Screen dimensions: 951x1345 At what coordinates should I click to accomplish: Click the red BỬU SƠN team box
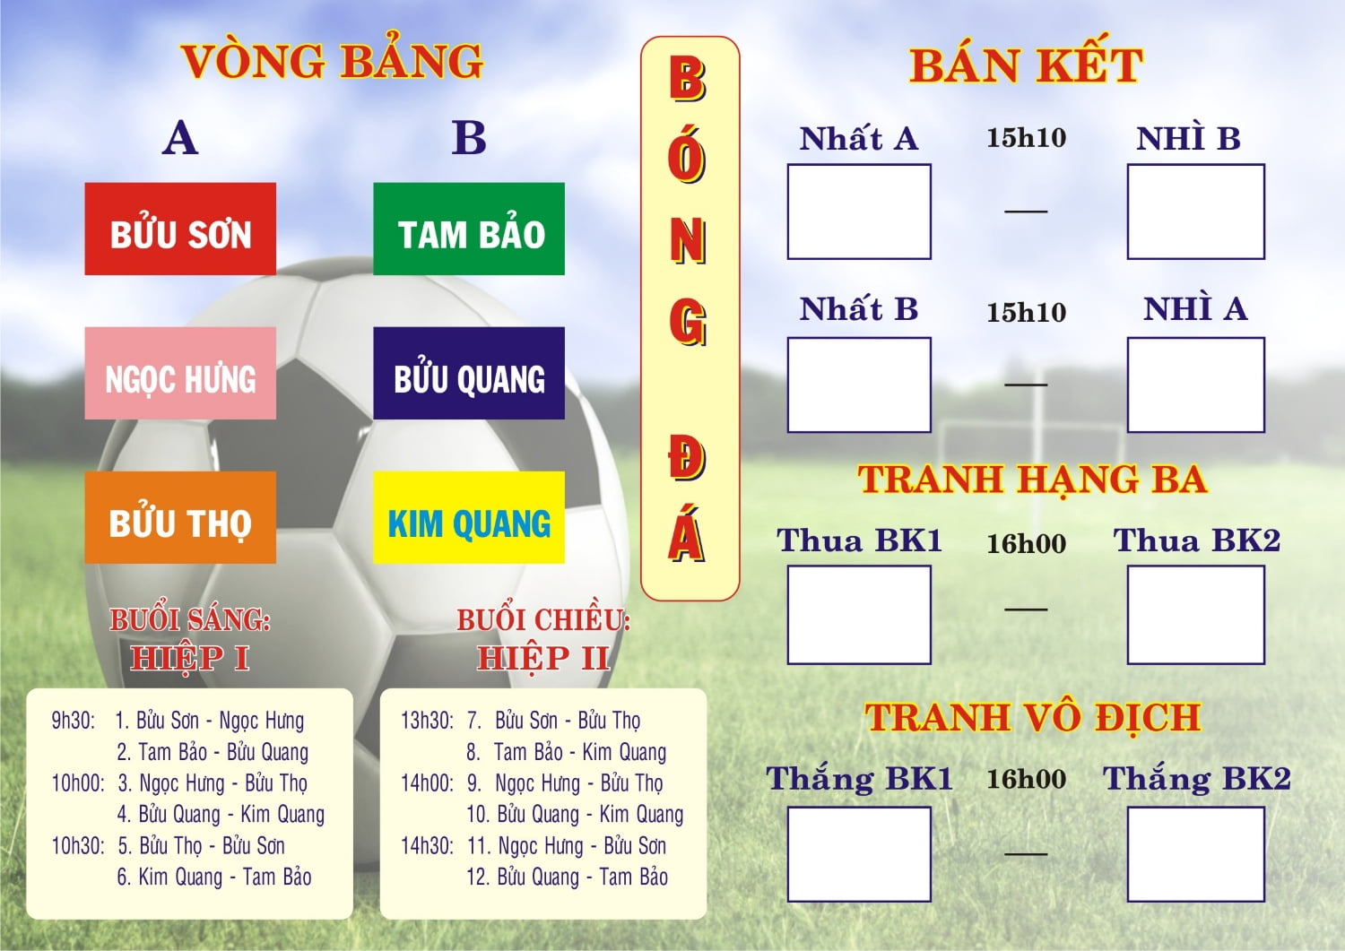(180, 229)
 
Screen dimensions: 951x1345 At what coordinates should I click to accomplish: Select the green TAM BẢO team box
(469, 229)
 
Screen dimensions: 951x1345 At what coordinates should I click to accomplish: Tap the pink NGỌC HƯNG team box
(180, 374)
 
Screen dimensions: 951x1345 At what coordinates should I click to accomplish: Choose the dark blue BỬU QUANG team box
(469, 374)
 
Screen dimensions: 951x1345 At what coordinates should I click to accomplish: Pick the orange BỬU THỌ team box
(180, 518)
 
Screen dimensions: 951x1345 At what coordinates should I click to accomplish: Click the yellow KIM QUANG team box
(469, 518)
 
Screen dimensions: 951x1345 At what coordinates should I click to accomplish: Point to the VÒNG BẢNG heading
(332, 61)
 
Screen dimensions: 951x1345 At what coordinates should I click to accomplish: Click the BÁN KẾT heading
(1026, 65)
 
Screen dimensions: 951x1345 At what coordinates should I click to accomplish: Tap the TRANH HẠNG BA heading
(1032, 480)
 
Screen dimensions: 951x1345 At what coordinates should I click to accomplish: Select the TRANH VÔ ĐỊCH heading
(1032, 717)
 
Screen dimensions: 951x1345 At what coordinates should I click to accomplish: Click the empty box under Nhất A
(859, 212)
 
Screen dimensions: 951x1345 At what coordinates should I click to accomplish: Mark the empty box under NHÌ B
(1195, 212)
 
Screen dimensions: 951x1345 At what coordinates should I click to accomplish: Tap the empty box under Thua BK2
(1195, 615)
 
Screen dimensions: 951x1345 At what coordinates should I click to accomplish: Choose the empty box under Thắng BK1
(859, 854)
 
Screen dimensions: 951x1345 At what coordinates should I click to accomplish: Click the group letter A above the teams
(180, 138)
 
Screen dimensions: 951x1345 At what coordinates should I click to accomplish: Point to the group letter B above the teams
(469, 138)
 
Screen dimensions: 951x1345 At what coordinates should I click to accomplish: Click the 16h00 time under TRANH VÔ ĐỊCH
(1026, 779)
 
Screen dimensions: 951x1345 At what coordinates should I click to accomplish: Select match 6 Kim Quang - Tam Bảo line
(214, 878)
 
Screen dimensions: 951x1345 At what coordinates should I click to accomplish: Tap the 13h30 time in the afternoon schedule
(427, 721)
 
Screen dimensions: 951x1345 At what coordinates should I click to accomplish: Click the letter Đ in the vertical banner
(687, 456)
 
